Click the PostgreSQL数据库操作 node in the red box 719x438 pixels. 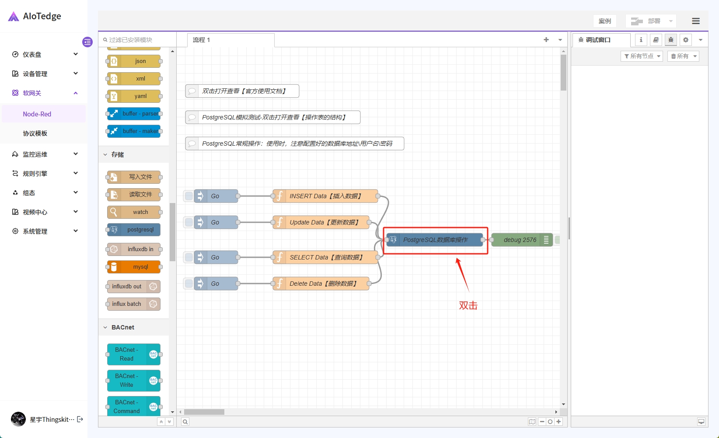[435, 240]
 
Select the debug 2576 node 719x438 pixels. [522, 240]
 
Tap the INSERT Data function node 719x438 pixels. [325, 196]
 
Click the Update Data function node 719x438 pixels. [321, 222]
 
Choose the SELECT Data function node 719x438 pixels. [325, 257]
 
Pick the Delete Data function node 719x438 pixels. [321, 284]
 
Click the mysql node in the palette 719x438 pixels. [134, 267]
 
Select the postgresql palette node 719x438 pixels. [134, 230]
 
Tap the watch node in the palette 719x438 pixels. [134, 212]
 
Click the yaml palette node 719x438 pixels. [134, 96]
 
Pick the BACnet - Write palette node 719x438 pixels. [134, 381]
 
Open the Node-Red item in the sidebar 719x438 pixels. [37, 114]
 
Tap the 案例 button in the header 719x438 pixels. [605, 21]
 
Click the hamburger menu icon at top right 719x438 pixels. [695, 21]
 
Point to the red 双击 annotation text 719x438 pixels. [468, 305]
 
